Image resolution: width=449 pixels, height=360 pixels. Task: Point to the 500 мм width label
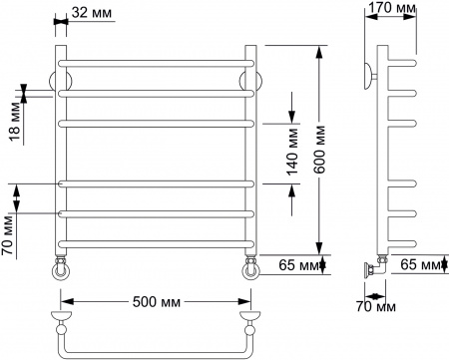coord(155,301)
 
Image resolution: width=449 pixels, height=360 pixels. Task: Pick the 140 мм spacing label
coord(292,154)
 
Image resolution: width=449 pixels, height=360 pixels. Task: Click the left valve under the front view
coord(61,266)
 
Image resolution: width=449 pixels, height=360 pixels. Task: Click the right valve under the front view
coord(249,266)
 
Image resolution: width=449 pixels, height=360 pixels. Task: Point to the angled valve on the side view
coord(375,266)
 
